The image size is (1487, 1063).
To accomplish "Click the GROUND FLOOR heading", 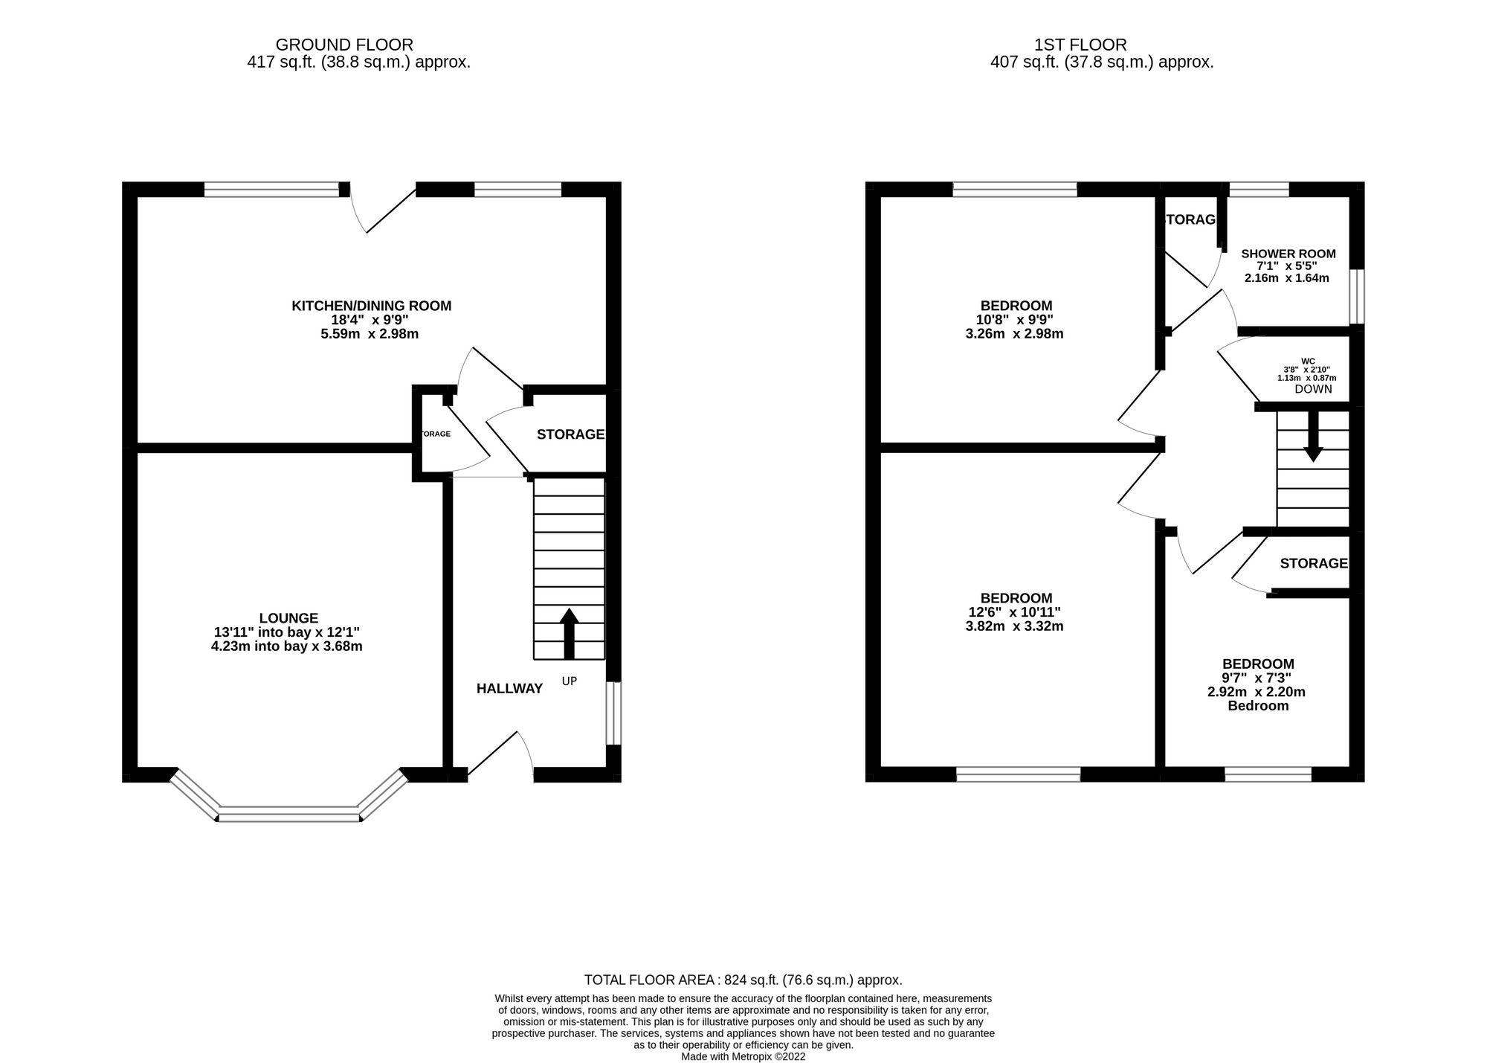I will [x=344, y=45].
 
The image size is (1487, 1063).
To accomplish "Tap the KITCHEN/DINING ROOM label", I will [x=371, y=306].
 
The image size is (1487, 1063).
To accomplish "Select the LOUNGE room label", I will [x=288, y=618].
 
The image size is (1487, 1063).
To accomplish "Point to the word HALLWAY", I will [x=509, y=689].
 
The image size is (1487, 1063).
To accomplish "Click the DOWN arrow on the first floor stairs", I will [x=1313, y=436].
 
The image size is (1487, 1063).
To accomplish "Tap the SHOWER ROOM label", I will [x=1288, y=254].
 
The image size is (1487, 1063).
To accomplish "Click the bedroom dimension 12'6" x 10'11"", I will [x=1016, y=612].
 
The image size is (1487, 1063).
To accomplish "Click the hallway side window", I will [x=613, y=713].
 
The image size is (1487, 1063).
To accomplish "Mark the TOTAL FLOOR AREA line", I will [x=743, y=980].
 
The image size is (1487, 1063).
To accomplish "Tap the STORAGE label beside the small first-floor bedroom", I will [x=1313, y=564].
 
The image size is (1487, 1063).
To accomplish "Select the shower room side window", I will [x=1357, y=297].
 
